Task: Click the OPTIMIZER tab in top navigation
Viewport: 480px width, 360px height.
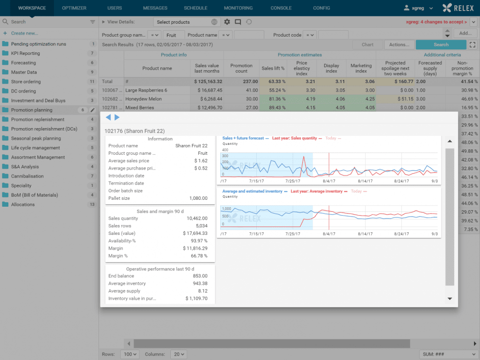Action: coord(74,8)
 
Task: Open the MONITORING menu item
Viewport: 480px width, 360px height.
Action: coord(238,8)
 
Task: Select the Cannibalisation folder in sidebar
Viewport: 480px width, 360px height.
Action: coord(27,176)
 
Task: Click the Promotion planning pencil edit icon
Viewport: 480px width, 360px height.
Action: coord(93,110)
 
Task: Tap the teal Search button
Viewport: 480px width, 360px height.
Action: coord(441,45)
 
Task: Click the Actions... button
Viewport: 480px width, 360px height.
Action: coord(399,45)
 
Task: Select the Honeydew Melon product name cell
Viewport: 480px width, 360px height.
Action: coord(144,99)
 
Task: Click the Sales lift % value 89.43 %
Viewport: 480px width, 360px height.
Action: coord(273,107)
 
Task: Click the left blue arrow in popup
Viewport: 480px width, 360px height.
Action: coord(108,117)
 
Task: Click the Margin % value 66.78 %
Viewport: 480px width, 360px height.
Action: coord(198,256)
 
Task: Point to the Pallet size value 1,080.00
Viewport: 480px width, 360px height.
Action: coord(198,198)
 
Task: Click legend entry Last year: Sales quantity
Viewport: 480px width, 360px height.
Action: coord(294,138)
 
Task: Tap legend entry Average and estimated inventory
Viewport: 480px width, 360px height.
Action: coord(252,191)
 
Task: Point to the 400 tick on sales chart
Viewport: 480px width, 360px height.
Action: coord(225,150)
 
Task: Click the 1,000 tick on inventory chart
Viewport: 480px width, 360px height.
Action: coord(227,209)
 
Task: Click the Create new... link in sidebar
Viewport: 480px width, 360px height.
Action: coord(24,33)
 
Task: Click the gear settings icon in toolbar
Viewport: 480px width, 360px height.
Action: coord(227,22)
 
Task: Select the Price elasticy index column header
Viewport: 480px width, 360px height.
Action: coord(301,68)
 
